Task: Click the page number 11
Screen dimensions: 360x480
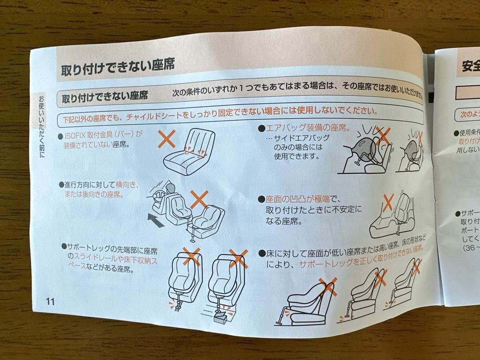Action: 50,301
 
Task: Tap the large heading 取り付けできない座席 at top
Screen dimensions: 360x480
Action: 117,66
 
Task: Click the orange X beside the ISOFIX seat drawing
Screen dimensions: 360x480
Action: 167,140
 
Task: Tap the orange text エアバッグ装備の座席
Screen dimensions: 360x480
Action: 307,128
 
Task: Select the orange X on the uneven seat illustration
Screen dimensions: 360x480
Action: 388,203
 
